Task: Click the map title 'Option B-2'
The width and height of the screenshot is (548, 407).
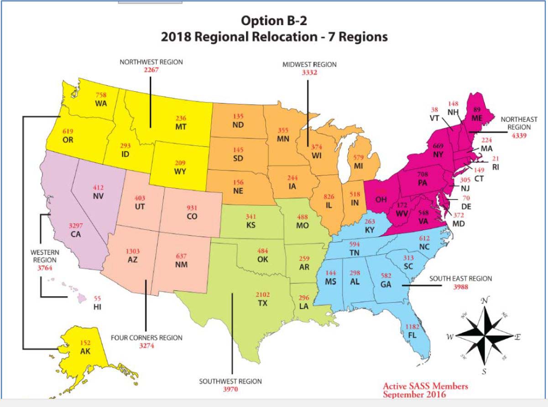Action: [274, 21]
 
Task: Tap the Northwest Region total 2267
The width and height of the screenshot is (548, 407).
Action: [151, 70]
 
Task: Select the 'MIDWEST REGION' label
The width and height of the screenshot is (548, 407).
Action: [310, 65]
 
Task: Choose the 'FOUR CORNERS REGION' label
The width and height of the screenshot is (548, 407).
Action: [147, 338]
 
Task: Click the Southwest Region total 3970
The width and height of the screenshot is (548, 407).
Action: [230, 389]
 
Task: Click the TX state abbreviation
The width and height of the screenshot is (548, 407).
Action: [262, 303]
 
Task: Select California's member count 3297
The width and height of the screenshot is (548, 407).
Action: [76, 226]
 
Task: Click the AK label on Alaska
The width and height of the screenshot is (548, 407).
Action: [85, 351]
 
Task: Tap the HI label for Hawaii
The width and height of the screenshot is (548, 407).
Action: [97, 307]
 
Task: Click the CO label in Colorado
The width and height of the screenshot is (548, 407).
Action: [192, 217]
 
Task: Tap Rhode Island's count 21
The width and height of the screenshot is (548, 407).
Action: [495, 158]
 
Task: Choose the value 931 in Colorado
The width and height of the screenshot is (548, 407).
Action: [192, 208]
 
